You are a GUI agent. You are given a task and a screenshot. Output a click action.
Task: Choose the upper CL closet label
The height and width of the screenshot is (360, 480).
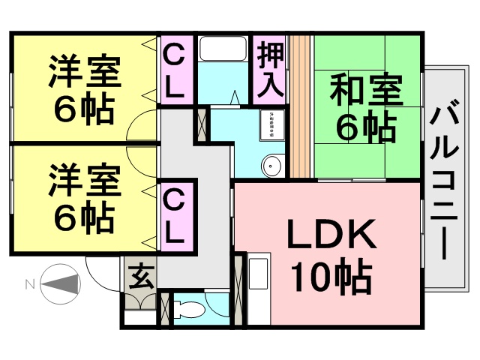pos(175,71)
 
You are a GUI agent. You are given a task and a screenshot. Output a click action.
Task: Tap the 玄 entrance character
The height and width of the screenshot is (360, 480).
pos(139,276)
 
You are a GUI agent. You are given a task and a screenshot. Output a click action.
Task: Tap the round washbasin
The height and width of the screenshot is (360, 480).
pos(271,165)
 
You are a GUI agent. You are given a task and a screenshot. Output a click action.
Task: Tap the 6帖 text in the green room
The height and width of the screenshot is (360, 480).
pos(365,129)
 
